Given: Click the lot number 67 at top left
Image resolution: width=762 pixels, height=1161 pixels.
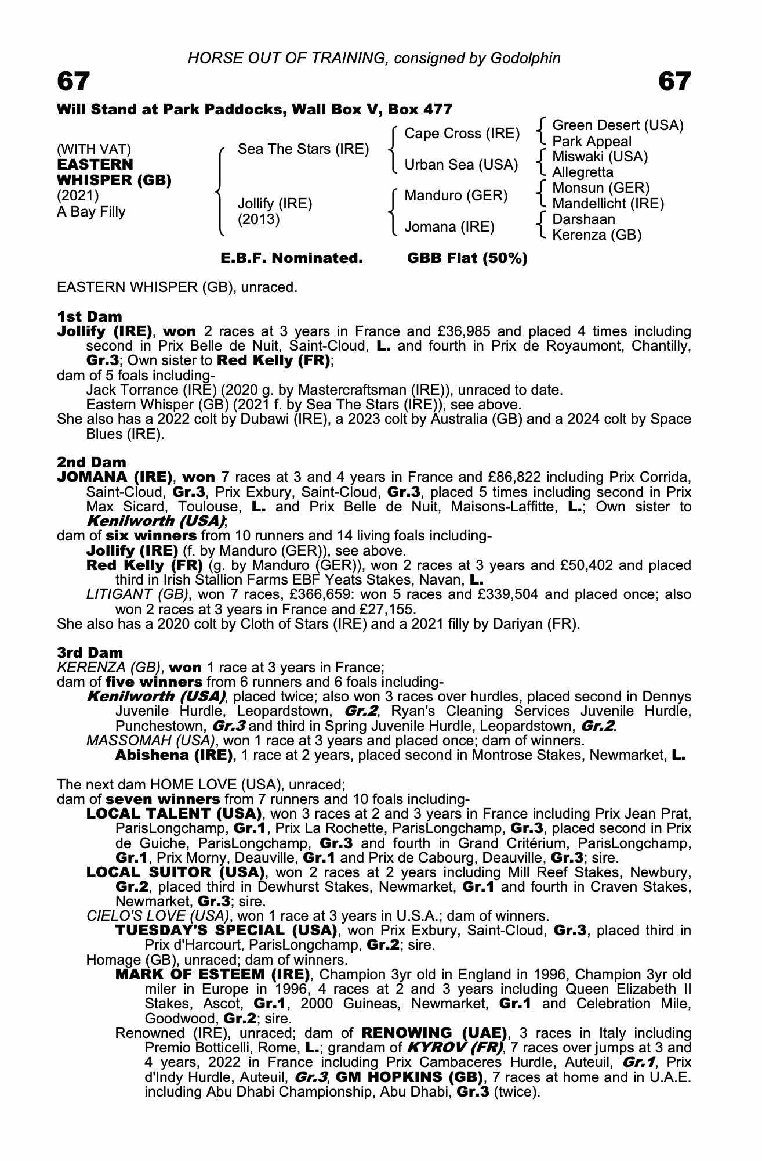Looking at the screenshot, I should point(74,82).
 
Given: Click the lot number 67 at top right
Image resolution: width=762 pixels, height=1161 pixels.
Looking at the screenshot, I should point(674,82).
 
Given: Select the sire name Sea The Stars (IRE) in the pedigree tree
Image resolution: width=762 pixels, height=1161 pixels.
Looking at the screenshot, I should point(303,149).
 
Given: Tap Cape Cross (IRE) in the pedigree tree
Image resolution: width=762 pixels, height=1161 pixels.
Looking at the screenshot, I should point(462,134).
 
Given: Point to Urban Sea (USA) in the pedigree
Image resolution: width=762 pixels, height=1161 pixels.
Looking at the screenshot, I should point(461,165).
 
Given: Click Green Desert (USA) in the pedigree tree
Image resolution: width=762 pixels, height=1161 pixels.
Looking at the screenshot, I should point(618,125).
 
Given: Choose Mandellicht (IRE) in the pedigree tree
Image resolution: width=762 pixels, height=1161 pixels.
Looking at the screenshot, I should point(608,204).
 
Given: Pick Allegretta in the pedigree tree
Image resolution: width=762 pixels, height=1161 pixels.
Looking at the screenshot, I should point(582,172).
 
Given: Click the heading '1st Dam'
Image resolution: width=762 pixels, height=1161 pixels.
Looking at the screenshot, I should point(90,316).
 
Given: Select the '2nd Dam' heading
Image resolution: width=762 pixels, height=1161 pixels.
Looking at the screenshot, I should point(92,462).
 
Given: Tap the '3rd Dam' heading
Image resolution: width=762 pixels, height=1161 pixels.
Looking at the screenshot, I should point(90,652).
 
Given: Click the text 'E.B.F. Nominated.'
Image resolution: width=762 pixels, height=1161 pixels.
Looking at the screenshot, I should point(292,258).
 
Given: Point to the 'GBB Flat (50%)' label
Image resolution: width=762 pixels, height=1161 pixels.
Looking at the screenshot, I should point(467,258).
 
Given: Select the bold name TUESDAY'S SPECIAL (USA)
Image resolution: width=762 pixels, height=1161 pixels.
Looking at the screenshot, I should point(226,931).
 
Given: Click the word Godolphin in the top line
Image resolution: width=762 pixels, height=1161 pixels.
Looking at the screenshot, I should point(525,58).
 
